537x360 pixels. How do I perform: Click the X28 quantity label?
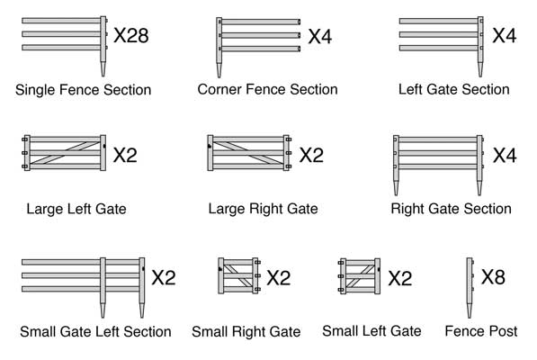click(130, 36)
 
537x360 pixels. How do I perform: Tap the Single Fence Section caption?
click(83, 90)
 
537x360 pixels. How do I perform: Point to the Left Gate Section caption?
click(453, 89)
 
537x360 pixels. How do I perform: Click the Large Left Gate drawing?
click(63, 154)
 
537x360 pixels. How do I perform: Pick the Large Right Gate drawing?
click(249, 154)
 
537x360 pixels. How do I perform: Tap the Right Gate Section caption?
click(451, 209)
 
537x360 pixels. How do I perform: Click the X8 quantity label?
click(493, 276)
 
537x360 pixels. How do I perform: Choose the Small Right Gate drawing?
click(239, 275)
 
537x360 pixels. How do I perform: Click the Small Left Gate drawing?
click(359, 275)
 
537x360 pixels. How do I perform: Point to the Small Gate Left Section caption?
click(95, 332)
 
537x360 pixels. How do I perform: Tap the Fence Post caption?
click(481, 331)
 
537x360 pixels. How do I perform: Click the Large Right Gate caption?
click(263, 209)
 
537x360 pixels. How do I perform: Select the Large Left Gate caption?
click(76, 209)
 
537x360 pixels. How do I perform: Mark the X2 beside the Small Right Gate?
click(279, 278)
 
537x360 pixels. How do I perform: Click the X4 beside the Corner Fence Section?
click(320, 37)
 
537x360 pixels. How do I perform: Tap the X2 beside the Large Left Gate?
click(125, 155)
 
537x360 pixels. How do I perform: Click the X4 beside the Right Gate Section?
click(505, 155)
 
